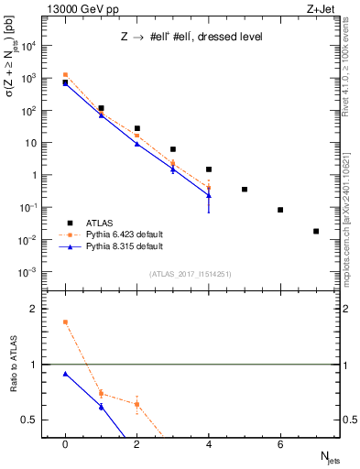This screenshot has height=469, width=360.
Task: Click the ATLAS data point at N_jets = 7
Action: point(316,231)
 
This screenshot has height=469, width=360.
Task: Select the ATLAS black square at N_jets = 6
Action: point(280,210)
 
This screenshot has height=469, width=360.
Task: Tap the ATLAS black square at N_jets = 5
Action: point(245,190)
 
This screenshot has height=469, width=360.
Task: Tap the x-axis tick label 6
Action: point(280,443)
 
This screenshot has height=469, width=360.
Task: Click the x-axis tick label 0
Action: point(65,443)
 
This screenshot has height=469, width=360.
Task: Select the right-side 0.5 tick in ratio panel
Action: point(347,420)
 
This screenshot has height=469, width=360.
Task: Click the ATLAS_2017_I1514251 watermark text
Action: point(191,274)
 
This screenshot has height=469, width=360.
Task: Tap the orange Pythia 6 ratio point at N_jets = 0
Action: point(65,322)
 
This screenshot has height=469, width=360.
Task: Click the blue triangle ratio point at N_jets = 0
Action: point(65,374)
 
